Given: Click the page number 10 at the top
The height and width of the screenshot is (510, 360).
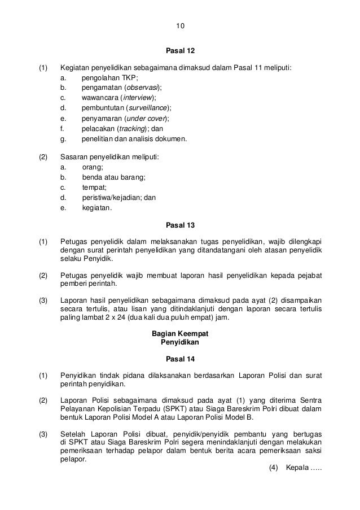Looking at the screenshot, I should (x=180, y=27).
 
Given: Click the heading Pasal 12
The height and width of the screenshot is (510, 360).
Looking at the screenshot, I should (x=180, y=51).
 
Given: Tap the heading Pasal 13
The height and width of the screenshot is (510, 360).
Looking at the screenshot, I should (x=180, y=225).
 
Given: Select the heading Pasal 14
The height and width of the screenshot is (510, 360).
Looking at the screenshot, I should (x=180, y=359).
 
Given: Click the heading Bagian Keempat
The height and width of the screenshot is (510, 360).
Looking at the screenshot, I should (x=180, y=334).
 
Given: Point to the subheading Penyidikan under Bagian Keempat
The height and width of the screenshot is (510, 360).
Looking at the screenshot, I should (x=180, y=342).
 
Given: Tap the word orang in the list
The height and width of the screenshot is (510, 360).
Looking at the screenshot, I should (x=93, y=167).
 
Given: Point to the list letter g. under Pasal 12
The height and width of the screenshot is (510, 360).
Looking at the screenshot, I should (x=63, y=139).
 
